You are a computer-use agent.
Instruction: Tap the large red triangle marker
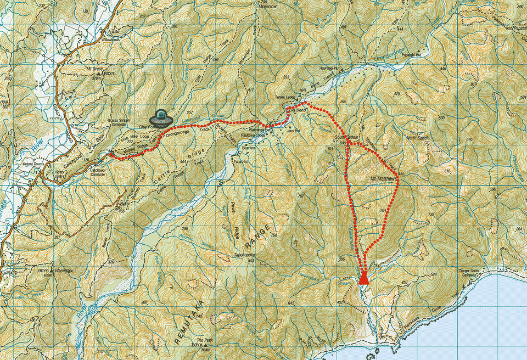363,279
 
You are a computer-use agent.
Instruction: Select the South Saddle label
346,137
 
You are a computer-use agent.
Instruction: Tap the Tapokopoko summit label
246,255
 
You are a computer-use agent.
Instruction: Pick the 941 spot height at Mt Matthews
401,175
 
